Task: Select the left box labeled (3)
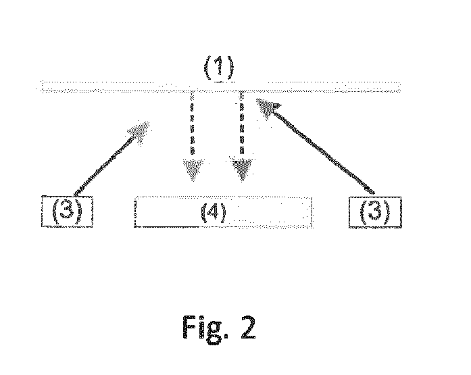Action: point(66,211)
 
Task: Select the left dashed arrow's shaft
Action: point(194,125)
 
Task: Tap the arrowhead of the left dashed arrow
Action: point(193,171)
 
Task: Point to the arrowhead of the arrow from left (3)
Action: point(143,130)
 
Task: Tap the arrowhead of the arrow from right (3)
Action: point(264,104)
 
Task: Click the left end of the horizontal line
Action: point(41,87)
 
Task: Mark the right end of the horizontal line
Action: point(399,86)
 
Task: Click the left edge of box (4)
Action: point(134,212)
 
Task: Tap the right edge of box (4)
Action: point(312,212)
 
